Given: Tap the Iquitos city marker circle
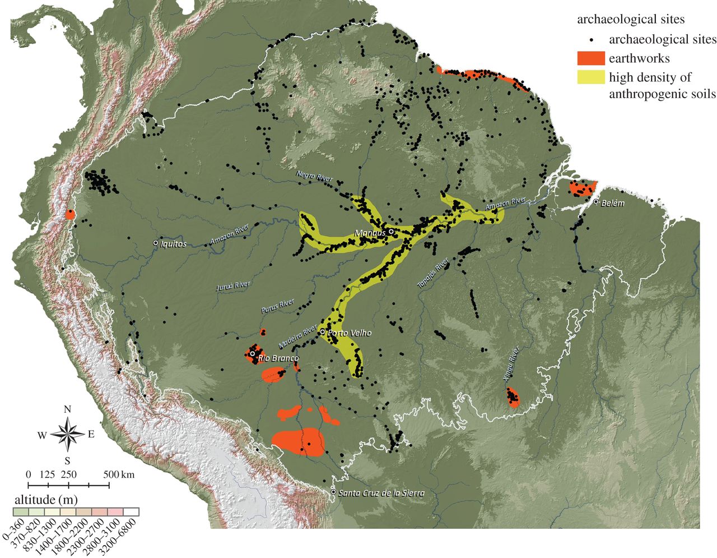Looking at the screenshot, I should click(x=156, y=243).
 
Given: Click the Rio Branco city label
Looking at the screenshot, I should click(x=277, y=358).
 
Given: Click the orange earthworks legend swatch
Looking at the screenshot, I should click(x=591, y=58).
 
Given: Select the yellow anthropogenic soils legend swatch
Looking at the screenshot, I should click(x=591, y=77).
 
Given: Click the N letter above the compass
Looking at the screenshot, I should click(x=67, y=409).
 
